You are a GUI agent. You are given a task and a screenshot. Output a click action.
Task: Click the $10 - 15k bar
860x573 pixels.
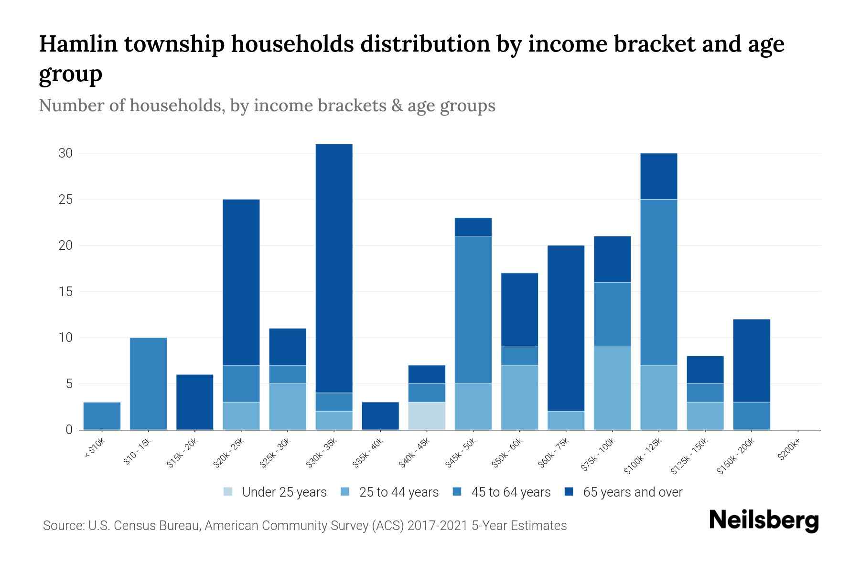pyautogui.click(x=148, y=383)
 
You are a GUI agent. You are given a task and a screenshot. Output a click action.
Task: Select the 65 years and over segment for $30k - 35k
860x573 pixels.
pyautogui.click(x=334, y=268)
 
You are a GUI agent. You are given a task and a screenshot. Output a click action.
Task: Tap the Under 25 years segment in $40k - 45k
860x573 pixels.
pyautogui.click(x=427, y=415)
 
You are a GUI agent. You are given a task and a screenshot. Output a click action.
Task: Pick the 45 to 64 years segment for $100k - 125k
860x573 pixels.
pyautogui.click(x=659, y=282)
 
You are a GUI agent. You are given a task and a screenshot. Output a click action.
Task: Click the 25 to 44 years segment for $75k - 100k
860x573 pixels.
pyautogui.click(x=612, y=388)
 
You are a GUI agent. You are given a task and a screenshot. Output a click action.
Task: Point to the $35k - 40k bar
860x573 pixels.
pyautogui.click(x=380, y=415)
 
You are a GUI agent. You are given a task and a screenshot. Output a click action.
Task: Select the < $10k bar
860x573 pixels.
pyautogui.click(x=102, y=415)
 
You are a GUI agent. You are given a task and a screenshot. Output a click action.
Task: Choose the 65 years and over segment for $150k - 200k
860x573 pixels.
pyautogui.click(x=752, y=361)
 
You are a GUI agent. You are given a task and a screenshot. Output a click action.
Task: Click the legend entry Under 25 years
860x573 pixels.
pyautogui.click(x=275, y=492)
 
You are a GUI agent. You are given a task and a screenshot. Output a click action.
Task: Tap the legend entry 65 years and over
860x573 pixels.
pyautogui.click(x=623, y=492)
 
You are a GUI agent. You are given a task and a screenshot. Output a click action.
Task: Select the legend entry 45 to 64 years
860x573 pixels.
pyautogui.click(x=502, y=492)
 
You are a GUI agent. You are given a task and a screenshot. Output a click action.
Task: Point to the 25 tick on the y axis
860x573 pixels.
pyautogui.click(x=65, y=199)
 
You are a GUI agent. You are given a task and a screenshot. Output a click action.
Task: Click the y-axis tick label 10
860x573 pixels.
pyautogui.click(x=65, y=338)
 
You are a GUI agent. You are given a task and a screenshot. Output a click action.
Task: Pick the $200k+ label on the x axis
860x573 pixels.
pyautogui.click(x=789, y=451)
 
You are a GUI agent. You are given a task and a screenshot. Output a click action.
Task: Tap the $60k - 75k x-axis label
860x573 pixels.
pyautogui.click(x=554, y=454)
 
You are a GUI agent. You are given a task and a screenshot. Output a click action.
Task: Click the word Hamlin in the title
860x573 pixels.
pyautogui.click(x=78, y=44)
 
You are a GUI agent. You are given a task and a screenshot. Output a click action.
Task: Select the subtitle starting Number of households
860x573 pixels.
pyautogui.click(x=267, y=106)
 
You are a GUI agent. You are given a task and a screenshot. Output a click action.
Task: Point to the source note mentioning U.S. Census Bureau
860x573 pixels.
pyautogui.click(x=304, y=526)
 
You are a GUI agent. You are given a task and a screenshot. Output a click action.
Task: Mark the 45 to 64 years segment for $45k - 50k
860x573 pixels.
pyautogui.click(x=473, y=309)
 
